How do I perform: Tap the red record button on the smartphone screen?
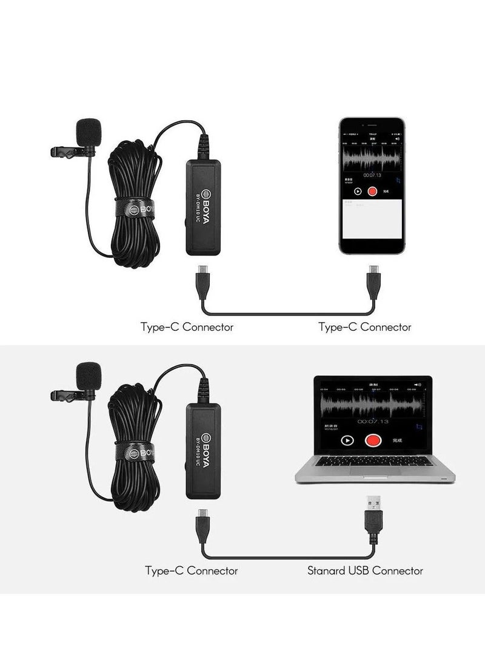pos(372,191)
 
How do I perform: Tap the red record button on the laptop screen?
pos(372,440)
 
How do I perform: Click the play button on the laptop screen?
pos(347,441)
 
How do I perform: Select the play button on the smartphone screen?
pos(358,191)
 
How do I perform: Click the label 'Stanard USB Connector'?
pos(365,570)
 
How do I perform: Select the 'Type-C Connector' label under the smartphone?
pos(365,327)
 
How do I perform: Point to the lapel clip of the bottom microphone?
pos(67,396)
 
